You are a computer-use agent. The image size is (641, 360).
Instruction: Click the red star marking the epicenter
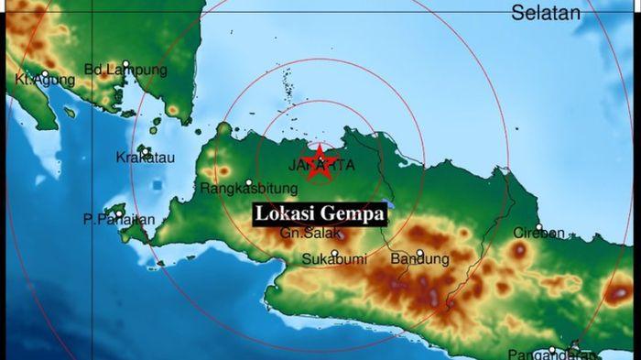[x=320, y=163]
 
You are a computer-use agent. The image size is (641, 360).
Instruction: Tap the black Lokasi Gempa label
[x=319, y=214]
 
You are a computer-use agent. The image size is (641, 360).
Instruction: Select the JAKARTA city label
[x=320, y=166]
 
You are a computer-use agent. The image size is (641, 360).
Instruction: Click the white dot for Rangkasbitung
[x=248, y=181]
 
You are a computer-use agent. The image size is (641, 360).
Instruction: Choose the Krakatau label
[x=146, y=158]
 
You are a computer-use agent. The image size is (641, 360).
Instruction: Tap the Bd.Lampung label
[x=125, y=70]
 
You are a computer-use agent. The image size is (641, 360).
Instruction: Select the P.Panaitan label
[x=118, y=220]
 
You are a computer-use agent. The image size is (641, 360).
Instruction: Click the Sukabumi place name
[x=332, y=260]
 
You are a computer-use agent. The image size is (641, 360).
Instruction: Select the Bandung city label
[x=419, y=260]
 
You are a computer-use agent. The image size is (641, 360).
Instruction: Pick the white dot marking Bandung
[x=420, y=253]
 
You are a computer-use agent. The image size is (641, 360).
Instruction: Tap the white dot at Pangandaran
[x=551, y=349]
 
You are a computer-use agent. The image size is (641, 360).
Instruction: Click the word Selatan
[x=546, y=13]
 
